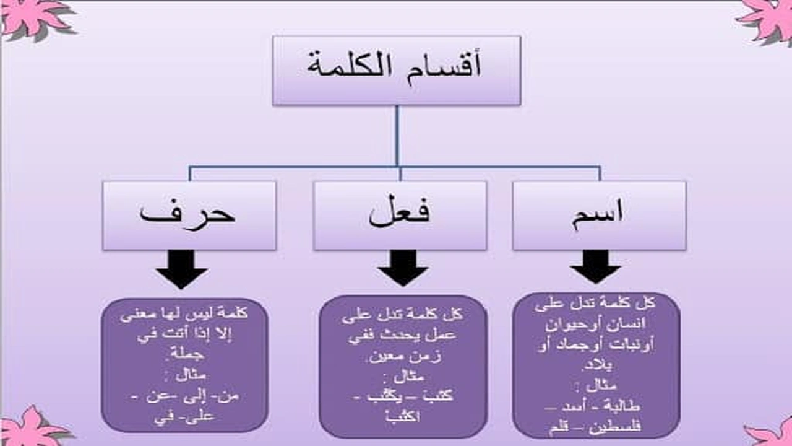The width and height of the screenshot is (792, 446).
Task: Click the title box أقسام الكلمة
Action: [397, 70]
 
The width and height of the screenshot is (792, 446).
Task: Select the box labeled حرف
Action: [189, 215]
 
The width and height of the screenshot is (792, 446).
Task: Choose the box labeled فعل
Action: [400, 215]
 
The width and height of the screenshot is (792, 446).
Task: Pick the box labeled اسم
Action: [599, 215]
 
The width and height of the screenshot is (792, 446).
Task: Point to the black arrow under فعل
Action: [403, 268]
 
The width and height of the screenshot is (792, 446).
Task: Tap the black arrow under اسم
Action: [595, 267]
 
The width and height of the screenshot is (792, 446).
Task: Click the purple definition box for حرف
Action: [184, 365]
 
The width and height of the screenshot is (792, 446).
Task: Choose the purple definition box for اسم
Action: [596, 365]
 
